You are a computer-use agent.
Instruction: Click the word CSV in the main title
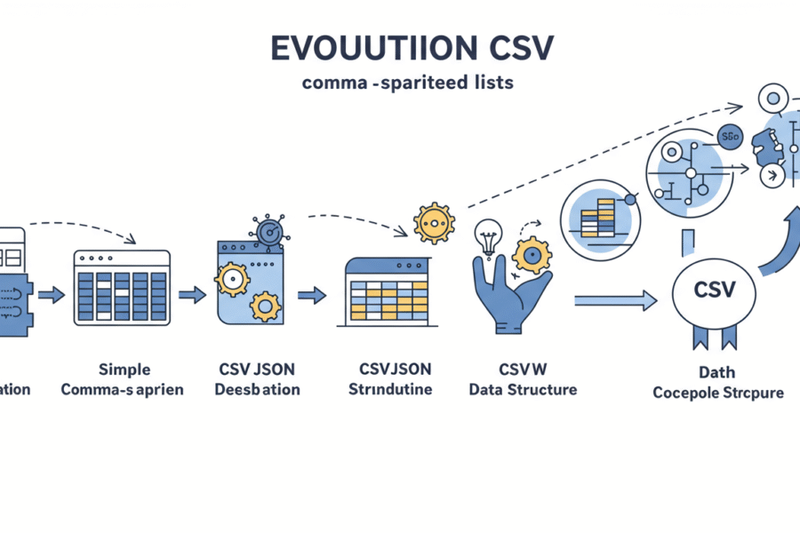click(514, 50)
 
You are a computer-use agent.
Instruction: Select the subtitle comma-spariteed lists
click(407, 84)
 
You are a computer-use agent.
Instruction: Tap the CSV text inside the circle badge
click(714, 290)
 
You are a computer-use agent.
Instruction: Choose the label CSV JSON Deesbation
click(259, 379)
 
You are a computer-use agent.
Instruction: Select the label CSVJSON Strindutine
click(388, 379)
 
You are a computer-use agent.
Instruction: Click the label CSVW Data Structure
click(522, 379)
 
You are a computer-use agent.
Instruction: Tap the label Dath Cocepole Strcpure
click(717, 383)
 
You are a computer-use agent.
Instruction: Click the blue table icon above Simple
click(122, 285)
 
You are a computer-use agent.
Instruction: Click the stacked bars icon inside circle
click(596, 217)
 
